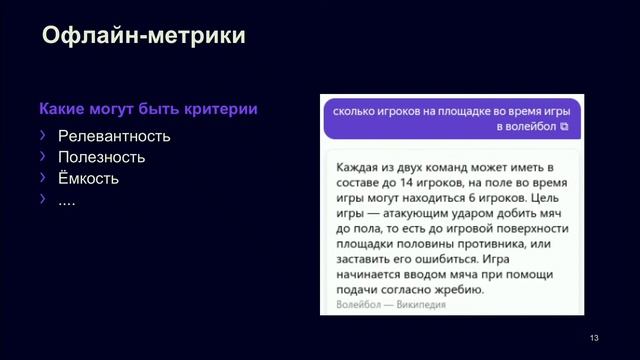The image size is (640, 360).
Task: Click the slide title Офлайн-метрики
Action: (144, 38)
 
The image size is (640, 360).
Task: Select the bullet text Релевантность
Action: (114, 136)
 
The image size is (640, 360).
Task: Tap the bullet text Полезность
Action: (101, 157)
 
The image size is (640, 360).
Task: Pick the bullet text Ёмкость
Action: (88, 179)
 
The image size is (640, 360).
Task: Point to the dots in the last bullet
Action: (67, 200)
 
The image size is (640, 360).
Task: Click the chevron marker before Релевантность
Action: (42, 135)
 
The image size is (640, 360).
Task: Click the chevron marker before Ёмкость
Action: (42, 178)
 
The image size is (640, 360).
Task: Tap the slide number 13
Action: (594, 337)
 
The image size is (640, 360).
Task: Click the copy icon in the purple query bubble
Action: (564, 127)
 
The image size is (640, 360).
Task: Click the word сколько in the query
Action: (357, 109)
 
